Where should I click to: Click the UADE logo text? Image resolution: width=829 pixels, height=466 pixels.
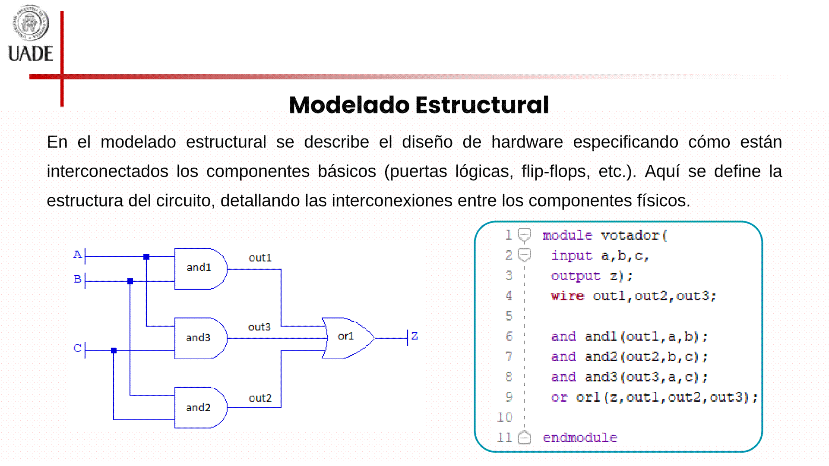[31, 54]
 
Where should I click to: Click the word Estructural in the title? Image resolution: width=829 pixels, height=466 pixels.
[482, 105]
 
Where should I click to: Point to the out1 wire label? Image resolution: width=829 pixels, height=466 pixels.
[260, 258]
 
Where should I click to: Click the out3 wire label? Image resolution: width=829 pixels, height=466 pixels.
[259, 327]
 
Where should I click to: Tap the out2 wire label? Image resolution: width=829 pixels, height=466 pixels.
[260, 398]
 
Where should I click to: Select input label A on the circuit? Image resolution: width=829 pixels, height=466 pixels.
[77, 255]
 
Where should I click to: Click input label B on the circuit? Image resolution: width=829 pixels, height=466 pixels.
[77, 279]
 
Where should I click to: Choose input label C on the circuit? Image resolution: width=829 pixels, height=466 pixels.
[77, 348]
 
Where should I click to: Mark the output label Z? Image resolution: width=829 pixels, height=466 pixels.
[414, 336]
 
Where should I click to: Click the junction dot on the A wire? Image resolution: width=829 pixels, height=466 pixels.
[146, 257]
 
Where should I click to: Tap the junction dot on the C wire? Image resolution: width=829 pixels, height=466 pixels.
[114, 351]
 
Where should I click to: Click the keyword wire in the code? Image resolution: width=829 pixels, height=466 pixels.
[567, 296]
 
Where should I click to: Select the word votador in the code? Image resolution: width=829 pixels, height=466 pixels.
[630, 236]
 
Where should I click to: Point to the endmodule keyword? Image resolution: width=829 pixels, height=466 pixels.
[579, 438]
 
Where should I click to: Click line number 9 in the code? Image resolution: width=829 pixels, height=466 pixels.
[509, 397]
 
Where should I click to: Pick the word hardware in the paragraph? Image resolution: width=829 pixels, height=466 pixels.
[527, 142]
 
